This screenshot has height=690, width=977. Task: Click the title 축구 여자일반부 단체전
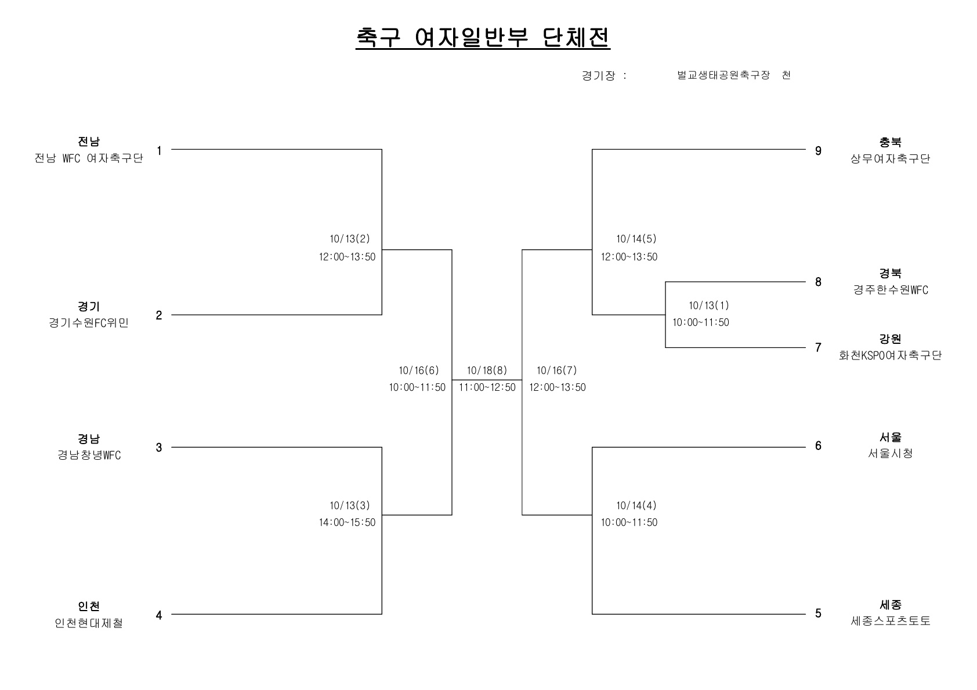(x=483, y=38)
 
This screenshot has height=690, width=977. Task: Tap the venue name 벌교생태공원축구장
(x=723, y=75)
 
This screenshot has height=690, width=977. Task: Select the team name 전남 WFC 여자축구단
(x=89, y=158)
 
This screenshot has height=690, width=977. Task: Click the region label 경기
(x=89, y=306)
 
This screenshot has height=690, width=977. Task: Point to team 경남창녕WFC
(x=89, y=455)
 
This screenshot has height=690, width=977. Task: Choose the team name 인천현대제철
(x=89, y=623)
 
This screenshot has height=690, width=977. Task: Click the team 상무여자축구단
(x=890, y=159)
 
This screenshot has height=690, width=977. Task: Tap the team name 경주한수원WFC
(x=891, y=290)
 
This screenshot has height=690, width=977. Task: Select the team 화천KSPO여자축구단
(x=890, y=355)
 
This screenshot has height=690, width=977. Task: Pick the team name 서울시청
(x=890, y=453)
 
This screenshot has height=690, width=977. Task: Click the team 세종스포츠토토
(x=891, y=620)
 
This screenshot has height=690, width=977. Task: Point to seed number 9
(x=818, y=151)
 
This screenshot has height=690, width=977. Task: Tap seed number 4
(x=159, y=615)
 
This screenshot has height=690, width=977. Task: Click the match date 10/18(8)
(x=487, y=371)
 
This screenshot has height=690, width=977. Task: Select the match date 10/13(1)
(x=709, y=306)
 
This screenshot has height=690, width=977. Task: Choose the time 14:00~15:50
(x=347, y=522)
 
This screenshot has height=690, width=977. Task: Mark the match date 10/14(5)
(x=636, y=239)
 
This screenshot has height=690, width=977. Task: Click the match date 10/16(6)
(x=419, y=371)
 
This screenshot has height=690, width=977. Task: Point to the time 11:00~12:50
(x=487, y=387)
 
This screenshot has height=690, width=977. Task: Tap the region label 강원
(x=890, y=339)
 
